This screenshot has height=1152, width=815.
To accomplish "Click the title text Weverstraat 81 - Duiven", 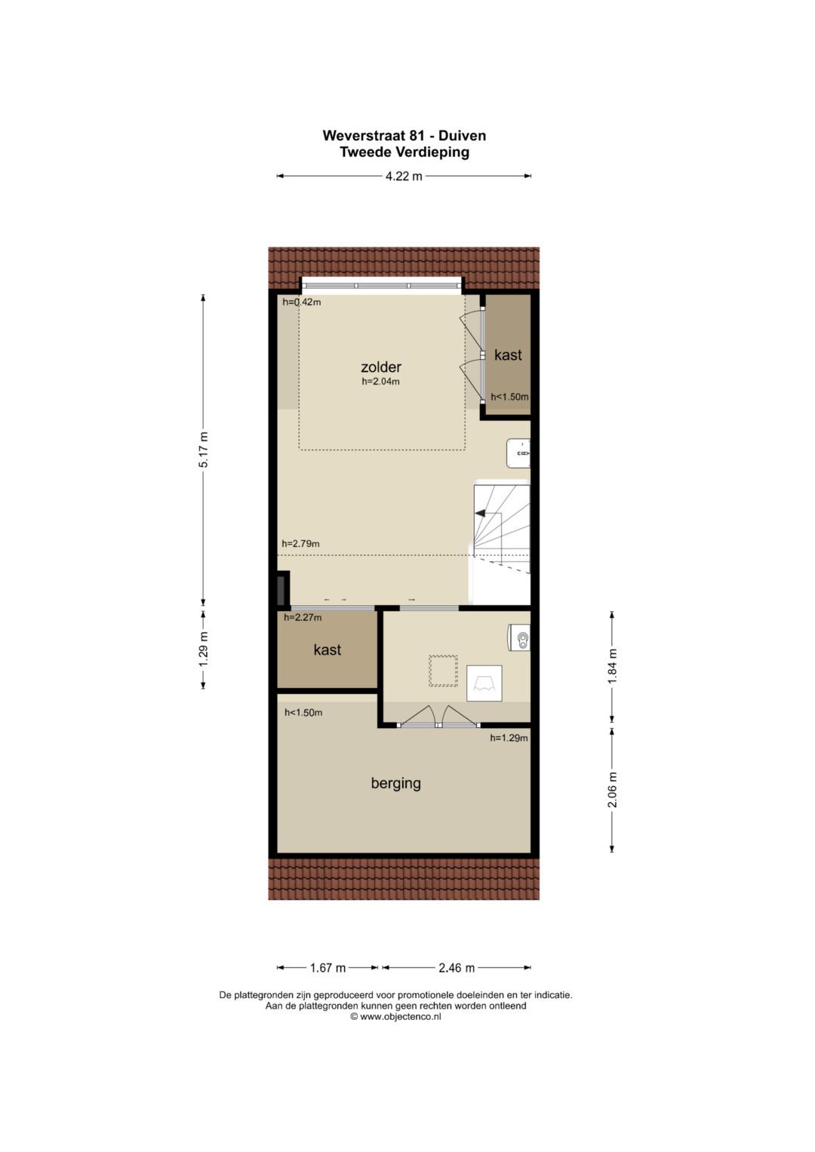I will pyautogui.click(x=404, y=136).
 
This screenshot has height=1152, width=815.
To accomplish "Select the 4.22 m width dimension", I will pyautogui.click(x=404, y=177).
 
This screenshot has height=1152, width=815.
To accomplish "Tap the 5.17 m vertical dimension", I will pyautogui.click(x=203, y=450).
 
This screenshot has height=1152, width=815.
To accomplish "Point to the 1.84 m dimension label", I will pyautogui.click(x=612, y=666).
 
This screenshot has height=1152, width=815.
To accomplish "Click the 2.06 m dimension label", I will pyautogui.click(x=612, y=790).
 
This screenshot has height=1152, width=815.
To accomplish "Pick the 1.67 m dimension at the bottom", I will pyautogui.click(x=328, y=968).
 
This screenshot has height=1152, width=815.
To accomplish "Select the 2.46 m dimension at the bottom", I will pyautogui.click(x=457, y=968).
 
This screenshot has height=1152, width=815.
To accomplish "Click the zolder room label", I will pyautogui.click(x=381, y=367).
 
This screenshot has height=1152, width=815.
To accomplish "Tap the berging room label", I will pyautogui.click(x=395, y=783).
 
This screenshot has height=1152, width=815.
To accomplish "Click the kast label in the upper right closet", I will pyautogui.click(x=508, y=355).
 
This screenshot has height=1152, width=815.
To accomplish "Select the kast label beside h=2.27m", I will pyautogui.click(x=328, y=650).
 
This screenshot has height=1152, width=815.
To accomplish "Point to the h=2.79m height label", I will pyautogui.click(x=300, y=543).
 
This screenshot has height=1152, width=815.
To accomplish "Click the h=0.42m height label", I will pyautogui.click(x=302, y=302).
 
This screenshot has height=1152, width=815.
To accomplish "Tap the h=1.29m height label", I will pyautogui.click(x=509, y=738).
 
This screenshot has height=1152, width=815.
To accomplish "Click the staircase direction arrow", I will pyautogui.click(x=480, y=513).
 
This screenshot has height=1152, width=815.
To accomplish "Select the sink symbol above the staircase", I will pyautogui.click(x=518, y=453).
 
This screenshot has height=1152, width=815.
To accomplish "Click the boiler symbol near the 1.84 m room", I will pyautogui.click(x=519, y=637).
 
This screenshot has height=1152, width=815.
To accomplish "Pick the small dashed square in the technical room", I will pyautogui.click(x=443, y=671).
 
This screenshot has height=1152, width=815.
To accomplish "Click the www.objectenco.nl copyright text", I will pyautogui.click(x=395, y=1016).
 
